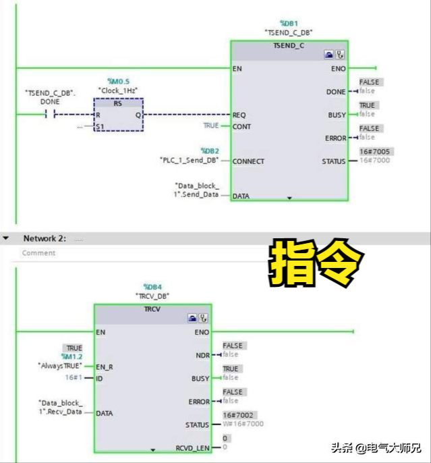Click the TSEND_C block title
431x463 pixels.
289,45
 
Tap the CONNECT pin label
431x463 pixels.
249,161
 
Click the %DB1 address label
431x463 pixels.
289,23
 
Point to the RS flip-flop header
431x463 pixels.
118,103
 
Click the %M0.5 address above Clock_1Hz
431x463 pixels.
118,81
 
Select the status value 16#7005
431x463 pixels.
374,151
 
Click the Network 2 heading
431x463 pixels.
45,238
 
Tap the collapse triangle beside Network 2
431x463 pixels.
6,239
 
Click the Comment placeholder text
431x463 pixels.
38,253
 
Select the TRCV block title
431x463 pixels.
152,308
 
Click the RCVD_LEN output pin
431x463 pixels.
194,447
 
